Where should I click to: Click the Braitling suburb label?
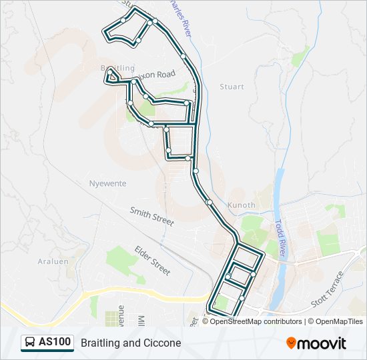tap(117, 68)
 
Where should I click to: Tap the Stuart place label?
tap(232, 87)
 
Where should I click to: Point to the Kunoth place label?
tap(242, 205)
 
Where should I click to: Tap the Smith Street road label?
tap(151, 215)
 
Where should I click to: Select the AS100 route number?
tap(55, 343)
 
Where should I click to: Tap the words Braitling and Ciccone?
tap(131, 343)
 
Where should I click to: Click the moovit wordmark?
tap(322, 343)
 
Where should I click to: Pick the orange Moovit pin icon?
tap(292, 343)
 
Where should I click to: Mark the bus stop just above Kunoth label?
tap(210, 202)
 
